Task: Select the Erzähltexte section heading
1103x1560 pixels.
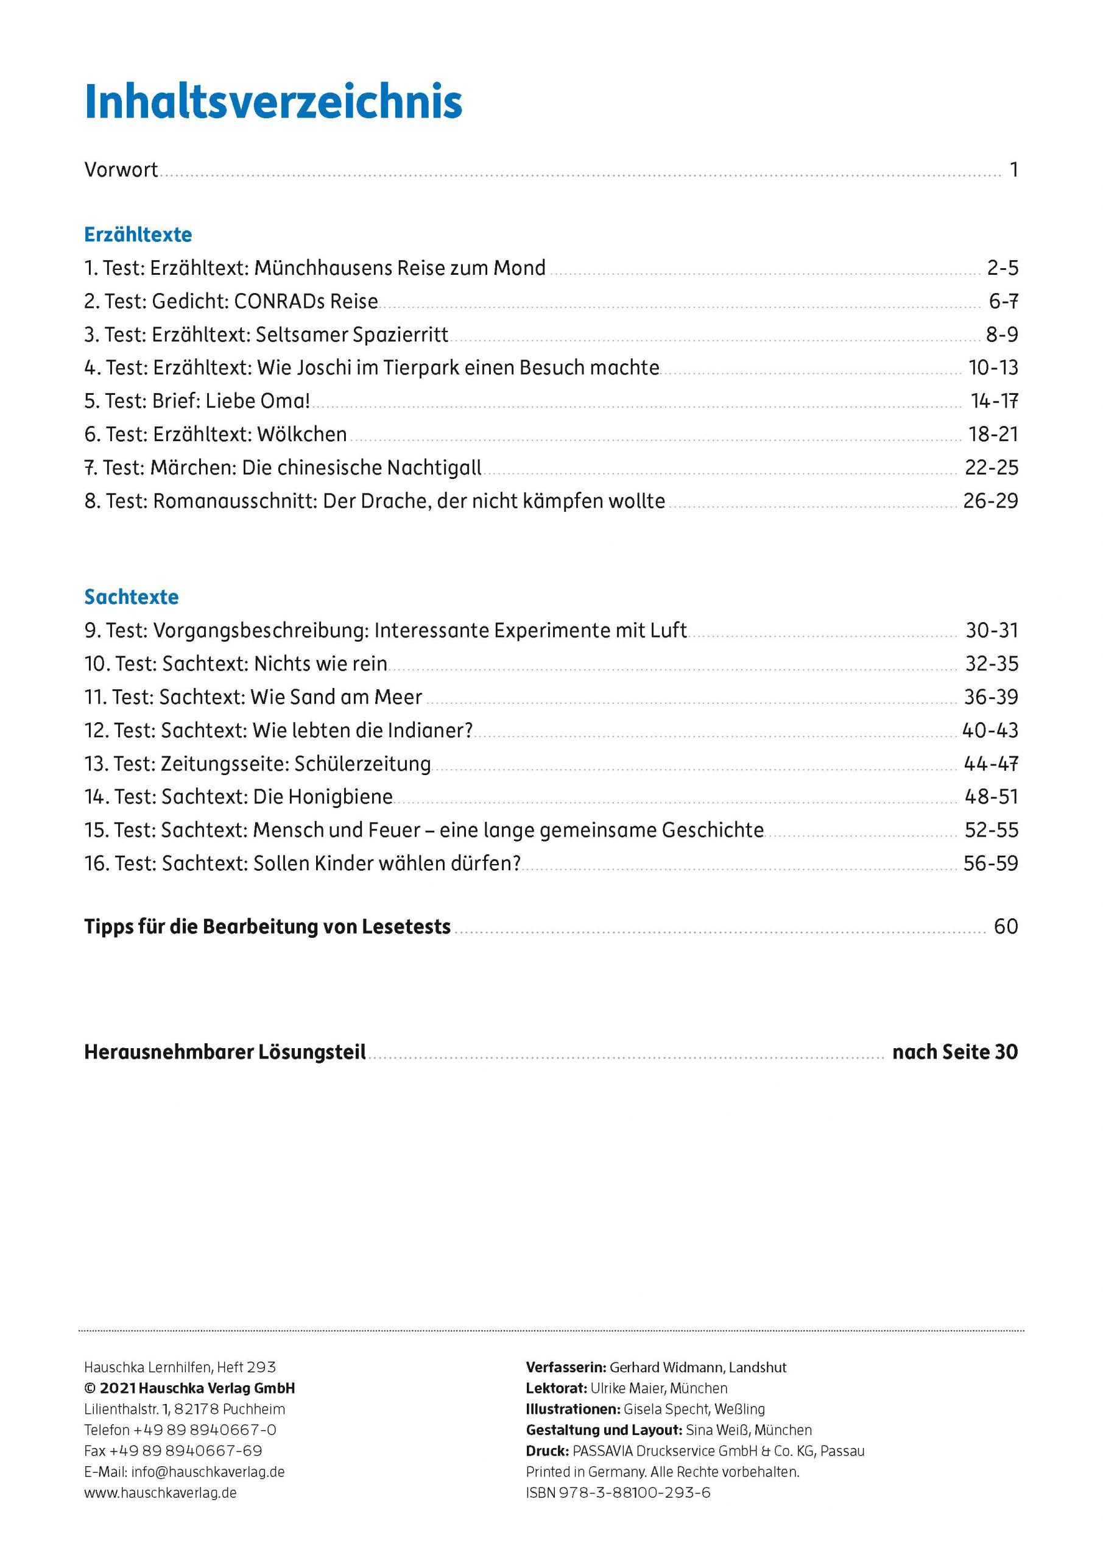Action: coord(138,235)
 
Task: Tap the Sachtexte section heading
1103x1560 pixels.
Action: coord(131,597)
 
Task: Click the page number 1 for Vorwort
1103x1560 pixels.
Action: coord(1013,170)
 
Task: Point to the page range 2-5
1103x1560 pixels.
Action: coord(1003,268)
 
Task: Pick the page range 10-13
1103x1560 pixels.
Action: coord(993,368)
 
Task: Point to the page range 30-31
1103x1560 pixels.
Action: coord(992,631)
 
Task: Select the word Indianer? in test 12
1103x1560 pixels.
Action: coord(430,731)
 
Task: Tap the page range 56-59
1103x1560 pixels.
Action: coord(991,863)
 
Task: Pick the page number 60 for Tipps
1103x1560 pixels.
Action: coord(1005,927)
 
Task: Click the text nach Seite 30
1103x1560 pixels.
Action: coord(954,1052)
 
